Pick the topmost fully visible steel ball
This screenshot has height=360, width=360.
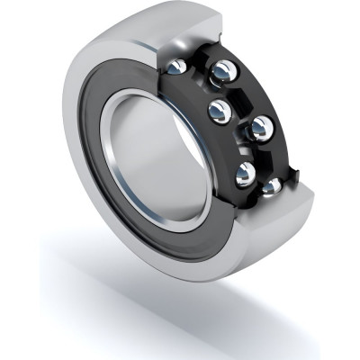221,73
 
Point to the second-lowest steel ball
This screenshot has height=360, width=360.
244,173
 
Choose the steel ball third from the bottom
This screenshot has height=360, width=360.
260,129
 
